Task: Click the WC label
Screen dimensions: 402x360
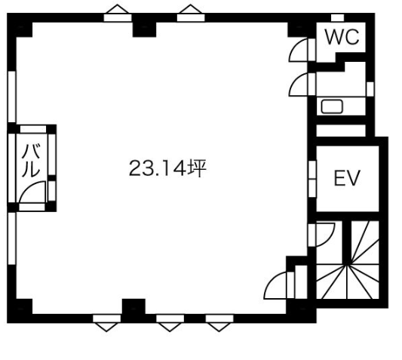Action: [x=342, y=37]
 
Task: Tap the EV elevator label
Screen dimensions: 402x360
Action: [x=347, y=177]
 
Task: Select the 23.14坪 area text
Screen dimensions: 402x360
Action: [x=167, y=168]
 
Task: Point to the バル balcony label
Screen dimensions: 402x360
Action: [x=31, y=161]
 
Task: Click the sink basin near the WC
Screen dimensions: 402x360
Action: [x=332, y=106]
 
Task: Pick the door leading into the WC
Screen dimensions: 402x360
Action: [x=299, y=50]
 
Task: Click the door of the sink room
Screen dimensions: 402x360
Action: [x=299, y=85]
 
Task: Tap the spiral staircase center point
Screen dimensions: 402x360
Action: [x=347, y=265]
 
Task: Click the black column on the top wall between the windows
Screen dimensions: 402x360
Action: [x=144, y=26]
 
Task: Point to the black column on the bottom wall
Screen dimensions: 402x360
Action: [x=133, y=310]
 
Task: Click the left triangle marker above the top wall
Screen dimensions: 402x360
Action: [x=118, y=9]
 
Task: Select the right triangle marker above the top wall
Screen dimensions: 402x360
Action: [x=190, y=9]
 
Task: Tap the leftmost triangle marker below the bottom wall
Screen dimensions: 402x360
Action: [x=106, y=327]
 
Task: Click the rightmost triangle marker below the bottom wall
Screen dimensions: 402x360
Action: [x=219, y=327]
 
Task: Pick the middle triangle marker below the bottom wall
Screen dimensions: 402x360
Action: [x=170, y=327]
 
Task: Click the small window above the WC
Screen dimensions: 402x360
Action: [x=337, y=17]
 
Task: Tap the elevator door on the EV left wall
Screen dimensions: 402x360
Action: [x=312, y=179]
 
